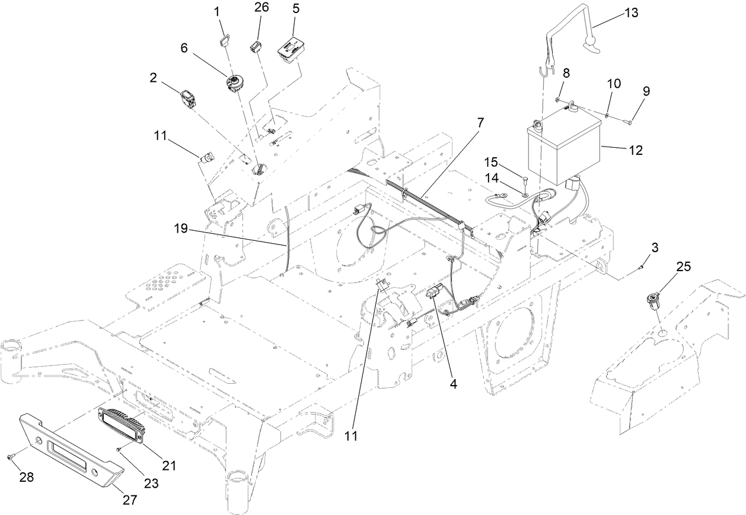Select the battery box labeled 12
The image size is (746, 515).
click(x=563, y=151)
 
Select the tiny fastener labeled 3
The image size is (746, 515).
click(x=641, y=268)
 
